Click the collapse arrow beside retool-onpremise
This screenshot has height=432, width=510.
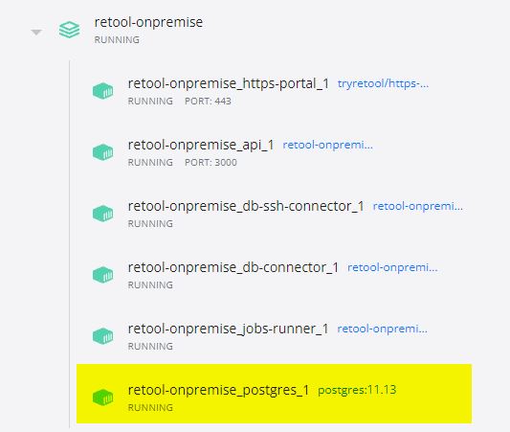[36, 32]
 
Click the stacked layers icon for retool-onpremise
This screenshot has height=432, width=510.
[69, 30]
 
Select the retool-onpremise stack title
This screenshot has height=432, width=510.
[148, 22]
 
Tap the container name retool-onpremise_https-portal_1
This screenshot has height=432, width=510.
[229, 83]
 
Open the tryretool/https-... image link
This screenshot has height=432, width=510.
[383, 83]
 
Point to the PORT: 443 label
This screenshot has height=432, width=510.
[208, 102]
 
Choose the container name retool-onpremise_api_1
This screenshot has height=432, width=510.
[201, 145]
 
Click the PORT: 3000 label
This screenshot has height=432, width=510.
[211, 163]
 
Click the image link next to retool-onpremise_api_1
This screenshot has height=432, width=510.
[327, 145]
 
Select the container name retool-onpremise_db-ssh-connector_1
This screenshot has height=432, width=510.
[246, 206]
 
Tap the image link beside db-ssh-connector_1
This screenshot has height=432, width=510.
[417, 206]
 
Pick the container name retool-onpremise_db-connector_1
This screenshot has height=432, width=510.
[233, 267]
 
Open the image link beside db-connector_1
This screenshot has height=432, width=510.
[392, 267]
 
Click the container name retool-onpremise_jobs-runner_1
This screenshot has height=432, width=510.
[228, 329]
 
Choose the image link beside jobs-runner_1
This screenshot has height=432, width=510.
[382, 329]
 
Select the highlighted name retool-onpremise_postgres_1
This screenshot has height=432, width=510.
[218, 390]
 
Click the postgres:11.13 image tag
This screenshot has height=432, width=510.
[357, 390]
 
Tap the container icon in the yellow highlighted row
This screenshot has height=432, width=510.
[102, 398]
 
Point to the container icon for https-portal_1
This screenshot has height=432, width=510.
[102, 91]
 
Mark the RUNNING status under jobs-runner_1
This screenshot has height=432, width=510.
[150, 346]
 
